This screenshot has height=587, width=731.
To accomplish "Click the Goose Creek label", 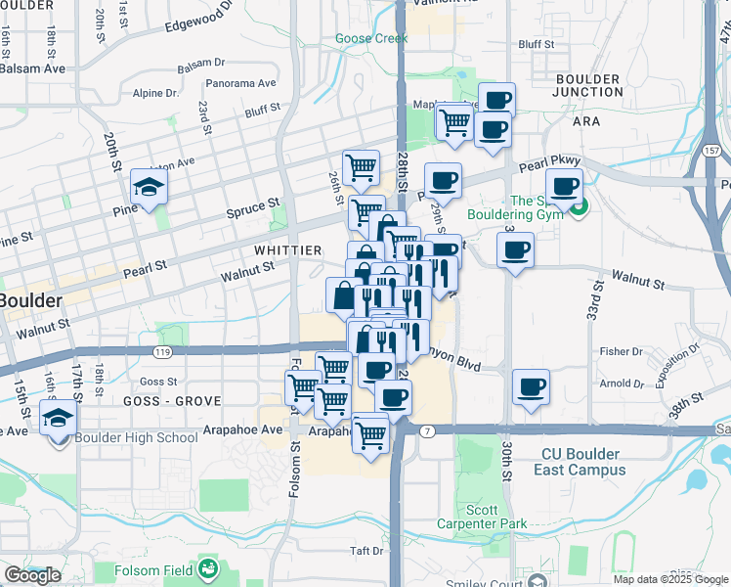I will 370,39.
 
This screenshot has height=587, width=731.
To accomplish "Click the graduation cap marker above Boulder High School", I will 59,418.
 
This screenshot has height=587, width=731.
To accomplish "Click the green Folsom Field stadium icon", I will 207,567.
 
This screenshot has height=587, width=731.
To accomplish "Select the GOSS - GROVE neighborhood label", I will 173,401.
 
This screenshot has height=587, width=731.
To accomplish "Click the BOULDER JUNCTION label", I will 587,85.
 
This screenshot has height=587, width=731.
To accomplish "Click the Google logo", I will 32,575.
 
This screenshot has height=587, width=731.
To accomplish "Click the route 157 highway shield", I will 712,152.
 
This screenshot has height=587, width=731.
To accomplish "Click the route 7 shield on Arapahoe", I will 428,430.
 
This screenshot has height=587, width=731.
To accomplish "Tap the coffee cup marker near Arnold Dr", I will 531,387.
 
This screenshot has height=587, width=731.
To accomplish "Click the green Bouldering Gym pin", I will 578,207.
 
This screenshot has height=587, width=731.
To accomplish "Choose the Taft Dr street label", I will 366,551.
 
